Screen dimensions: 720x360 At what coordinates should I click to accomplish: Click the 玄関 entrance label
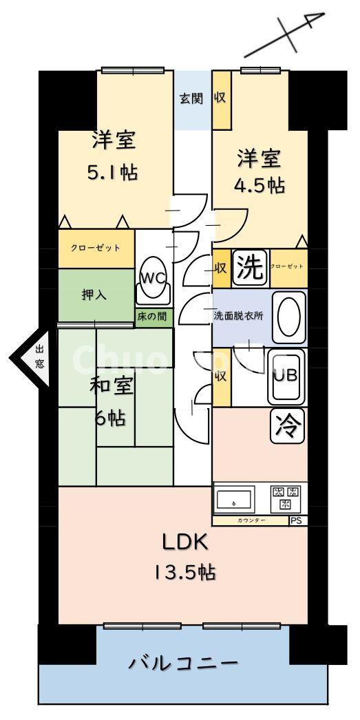pyautogui.click(x=191, y=98)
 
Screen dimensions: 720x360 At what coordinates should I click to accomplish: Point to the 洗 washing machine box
pyautogui.click(x=250, y=268)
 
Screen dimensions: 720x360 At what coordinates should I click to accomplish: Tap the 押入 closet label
pyautogui.click(x=94, y=294)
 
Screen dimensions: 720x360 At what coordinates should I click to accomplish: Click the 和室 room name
pyautogui.click(x=111, y=387)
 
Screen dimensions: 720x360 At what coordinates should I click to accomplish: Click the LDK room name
pyautogui.click(x=184, y=542)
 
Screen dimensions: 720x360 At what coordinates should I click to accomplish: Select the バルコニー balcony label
pyautogui.click(x=183, y=664)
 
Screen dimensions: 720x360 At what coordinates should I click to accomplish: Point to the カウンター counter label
pyautogui.click(x=251, y=521)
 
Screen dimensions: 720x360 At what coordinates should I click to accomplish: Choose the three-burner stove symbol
pyautogui.click(x=287, y=498)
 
